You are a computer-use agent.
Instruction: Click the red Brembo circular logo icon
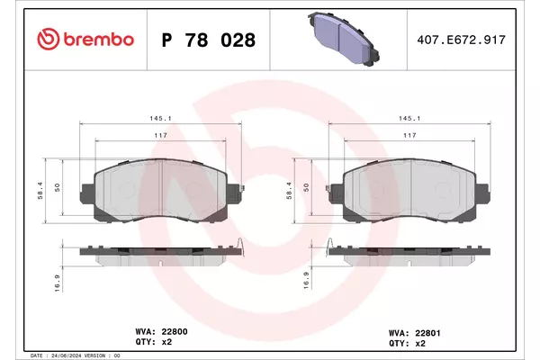point(49,39)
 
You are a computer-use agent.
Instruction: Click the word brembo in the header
point(98,40)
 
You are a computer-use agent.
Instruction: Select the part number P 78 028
point(209,40)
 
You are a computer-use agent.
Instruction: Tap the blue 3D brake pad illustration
point(344,39)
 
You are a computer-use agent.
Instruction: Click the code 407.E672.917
point(461,40)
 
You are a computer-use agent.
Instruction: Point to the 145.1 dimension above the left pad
point(160,118)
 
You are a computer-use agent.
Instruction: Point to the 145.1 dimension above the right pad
point(409,118)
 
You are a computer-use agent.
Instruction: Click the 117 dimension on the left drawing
point(160,135)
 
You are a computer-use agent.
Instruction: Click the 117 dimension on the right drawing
point(409,135)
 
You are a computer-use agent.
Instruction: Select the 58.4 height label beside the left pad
point(40,191)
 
